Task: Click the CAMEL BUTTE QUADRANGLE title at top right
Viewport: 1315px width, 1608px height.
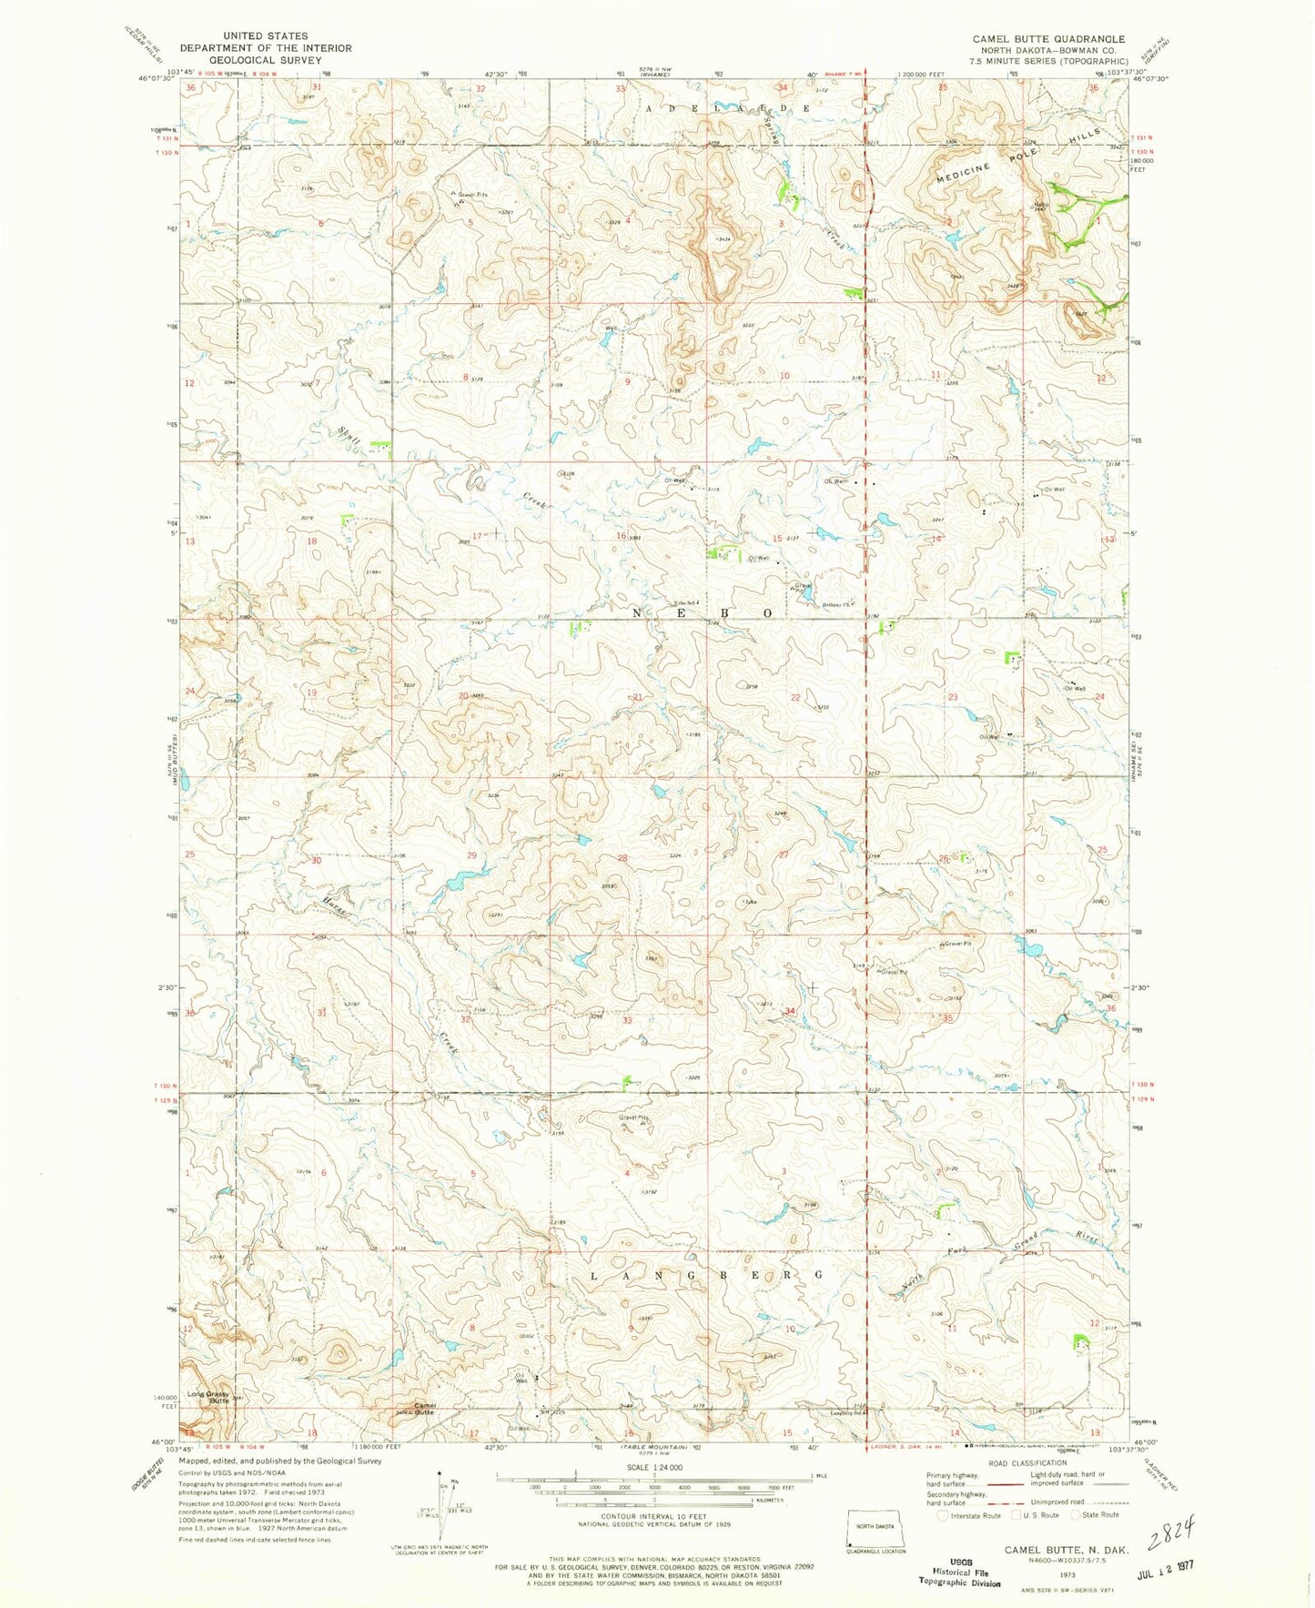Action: coord(1048,39)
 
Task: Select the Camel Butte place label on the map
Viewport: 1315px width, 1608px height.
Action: coord(424,1409)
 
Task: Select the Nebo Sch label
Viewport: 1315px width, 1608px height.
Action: coord(685,603)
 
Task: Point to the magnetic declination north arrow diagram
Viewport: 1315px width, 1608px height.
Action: coord(442,1506)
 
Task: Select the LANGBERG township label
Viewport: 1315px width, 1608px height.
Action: coord(709,1277)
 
